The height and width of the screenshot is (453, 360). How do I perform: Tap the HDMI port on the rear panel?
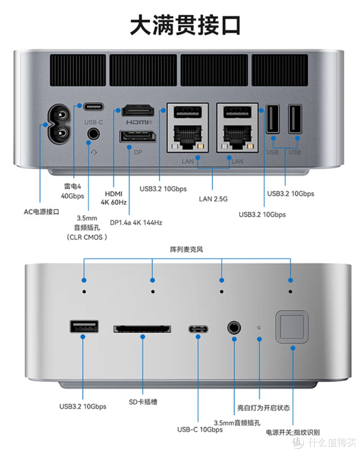[x=138, y=110]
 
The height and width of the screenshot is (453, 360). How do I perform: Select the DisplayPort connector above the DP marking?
[x=138, y=137]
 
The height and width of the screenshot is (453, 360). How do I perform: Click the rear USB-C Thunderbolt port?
[x=93, y=107]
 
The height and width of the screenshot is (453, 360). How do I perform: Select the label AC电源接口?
[x=42, y=212]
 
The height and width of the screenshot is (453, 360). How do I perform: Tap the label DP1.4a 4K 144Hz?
[x=136, y=223]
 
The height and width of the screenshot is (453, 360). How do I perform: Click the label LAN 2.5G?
[x=213, y=199]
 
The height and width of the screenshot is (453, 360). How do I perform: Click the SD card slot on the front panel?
[x=142, y=328]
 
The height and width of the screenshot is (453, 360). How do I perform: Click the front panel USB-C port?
[x=198, y=329]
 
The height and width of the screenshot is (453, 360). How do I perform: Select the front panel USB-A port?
[x=84, y=326]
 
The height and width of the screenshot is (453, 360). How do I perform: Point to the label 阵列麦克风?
[x=187, y=250]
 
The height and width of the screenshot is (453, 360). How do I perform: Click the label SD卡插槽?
[x=143, y=402]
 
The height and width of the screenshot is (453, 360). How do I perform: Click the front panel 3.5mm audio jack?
[x=234, y=327]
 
